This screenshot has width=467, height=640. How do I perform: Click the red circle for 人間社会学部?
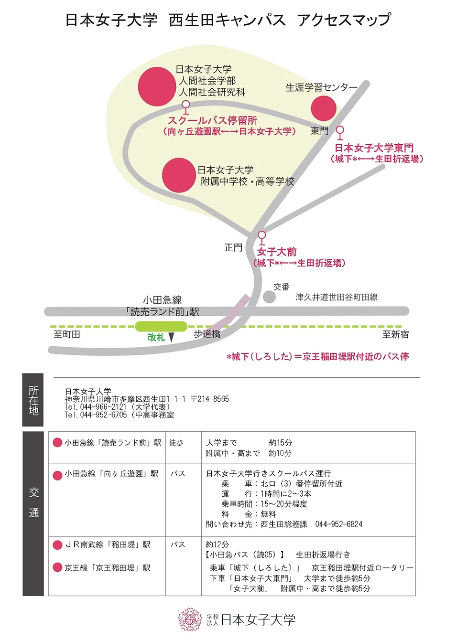(x=157, y=86)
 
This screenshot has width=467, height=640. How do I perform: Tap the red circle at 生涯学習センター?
(x=324, y=108)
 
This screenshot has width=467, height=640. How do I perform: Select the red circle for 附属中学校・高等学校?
(x=179, y=175)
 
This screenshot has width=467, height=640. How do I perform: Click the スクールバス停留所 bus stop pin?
(x=186, y=106)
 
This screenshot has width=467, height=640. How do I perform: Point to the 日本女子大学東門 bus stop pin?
(x=340, y=131)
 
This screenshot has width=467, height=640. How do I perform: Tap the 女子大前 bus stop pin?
(x=261, y=236)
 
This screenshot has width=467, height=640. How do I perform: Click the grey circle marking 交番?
(x=269, y=297)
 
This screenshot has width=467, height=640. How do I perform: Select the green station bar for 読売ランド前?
(x=161, y=326)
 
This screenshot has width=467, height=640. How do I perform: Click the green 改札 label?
(x=156, y=338)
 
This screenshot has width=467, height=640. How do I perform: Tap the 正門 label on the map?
(x=233, y=247)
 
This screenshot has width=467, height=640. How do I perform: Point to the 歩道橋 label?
(x=207, y=334)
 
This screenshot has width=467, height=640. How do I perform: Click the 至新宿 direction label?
(x=395, y=334)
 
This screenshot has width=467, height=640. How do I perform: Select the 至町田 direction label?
(x=67, y=334)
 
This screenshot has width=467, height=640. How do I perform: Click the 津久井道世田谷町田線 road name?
(x=336, y=297)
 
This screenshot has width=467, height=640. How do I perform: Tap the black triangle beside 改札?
(x=171, y=338)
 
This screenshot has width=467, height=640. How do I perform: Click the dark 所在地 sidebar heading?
(x=33, y=400)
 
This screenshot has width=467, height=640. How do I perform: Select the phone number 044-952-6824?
(x=339, y=524)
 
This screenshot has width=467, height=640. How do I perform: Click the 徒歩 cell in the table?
(x=176, y=443)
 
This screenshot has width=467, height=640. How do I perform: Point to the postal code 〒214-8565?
(x=210, y=399)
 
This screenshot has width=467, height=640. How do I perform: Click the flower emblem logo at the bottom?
(x=190, y=619)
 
